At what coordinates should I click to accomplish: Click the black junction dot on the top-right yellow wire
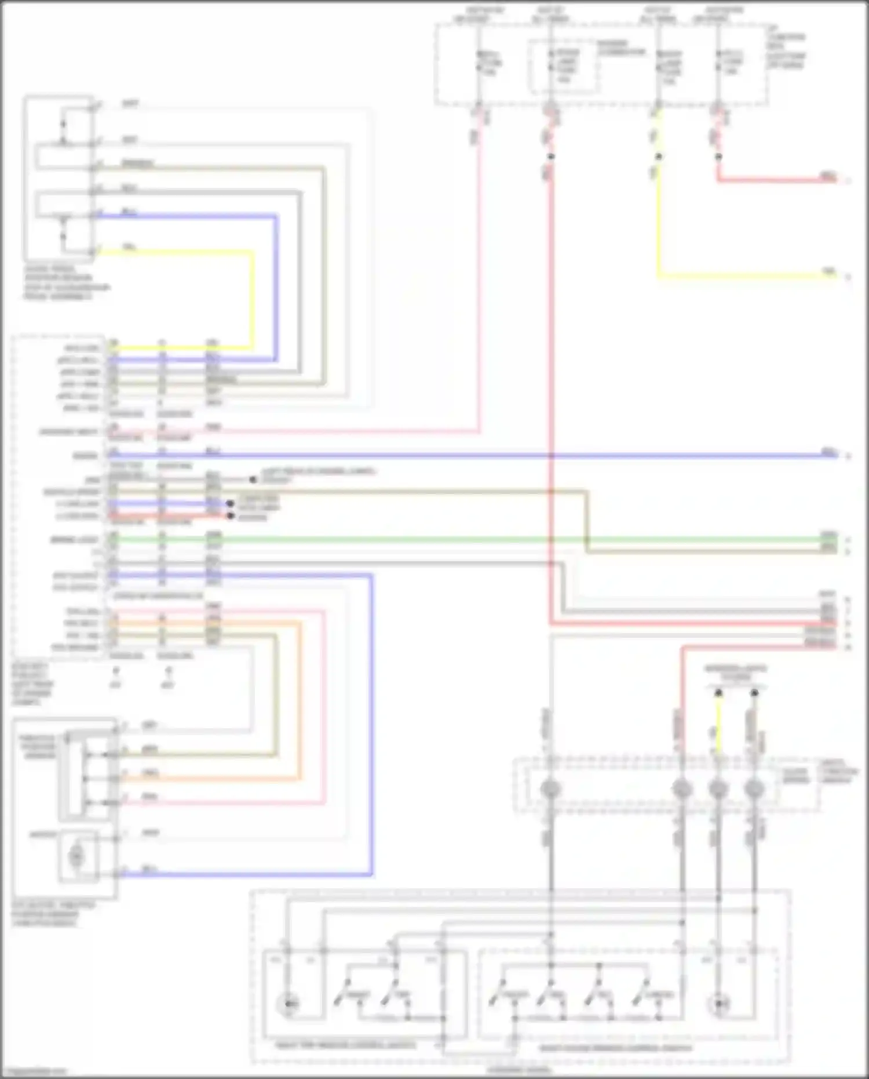[x=659, y=157]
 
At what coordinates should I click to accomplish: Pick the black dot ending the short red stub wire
[x=231, y=515]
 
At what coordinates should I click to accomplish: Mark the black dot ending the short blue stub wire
[x=230, y=503]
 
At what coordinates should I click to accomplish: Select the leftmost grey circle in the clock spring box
[x=550, y=789]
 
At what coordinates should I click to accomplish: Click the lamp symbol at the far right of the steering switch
[x=720, y=1004]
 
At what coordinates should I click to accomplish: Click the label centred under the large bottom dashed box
[x=520, y=1070]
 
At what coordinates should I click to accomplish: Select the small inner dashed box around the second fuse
[x=562, y=66]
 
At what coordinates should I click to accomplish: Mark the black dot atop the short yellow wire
[x=718, y=693]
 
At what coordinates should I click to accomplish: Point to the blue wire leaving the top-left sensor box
[x=185, y=216]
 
